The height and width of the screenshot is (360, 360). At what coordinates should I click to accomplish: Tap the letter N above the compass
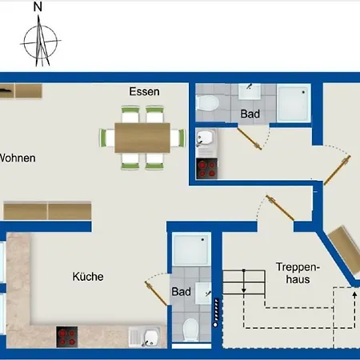point(38,7)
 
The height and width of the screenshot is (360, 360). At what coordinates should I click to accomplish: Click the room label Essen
point(144,91)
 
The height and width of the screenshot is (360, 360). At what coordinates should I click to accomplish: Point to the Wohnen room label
point(17,158)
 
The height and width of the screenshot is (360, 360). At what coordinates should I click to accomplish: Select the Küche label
point(87,277)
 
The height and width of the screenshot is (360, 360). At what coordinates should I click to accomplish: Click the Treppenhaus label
point(293,273)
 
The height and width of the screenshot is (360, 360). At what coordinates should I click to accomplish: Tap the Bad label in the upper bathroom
point(250,114)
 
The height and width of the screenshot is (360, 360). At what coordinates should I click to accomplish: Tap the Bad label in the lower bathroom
point(182,292)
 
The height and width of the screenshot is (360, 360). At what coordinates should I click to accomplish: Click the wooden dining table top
point(143,138)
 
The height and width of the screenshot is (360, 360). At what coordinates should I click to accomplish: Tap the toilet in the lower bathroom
point(190,329)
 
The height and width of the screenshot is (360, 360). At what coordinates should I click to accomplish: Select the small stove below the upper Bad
point(207,168)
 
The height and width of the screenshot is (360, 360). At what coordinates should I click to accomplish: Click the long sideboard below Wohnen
point(48,211)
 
